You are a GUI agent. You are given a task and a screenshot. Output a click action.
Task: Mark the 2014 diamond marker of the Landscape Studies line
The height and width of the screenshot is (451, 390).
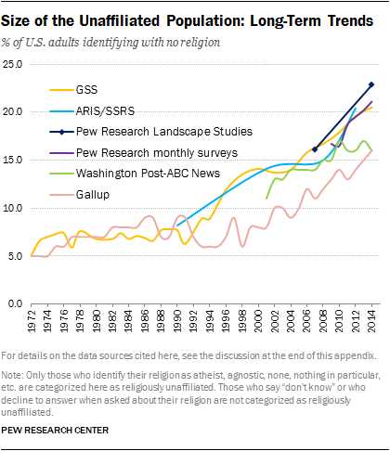[371, 84]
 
